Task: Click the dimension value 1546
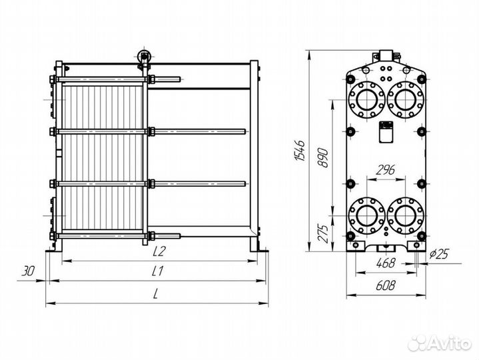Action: [x=300, y=152]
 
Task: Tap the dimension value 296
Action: [x=384, y=170]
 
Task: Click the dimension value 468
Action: [x=385, y=263]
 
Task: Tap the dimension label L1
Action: [x=158, y=271]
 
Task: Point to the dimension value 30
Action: [x=27, y=271]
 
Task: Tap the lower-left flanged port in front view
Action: [x=366, y=215]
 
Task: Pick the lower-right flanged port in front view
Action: [x=404, y=215]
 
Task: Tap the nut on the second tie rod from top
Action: [x=151, y=130]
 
